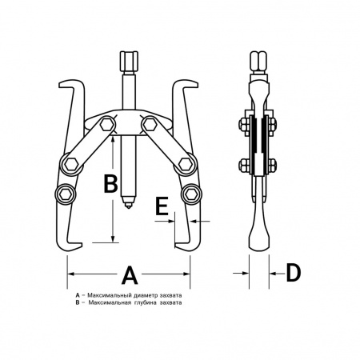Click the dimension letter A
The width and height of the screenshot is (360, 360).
(130, 274)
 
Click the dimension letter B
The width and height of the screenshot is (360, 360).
(110, 183)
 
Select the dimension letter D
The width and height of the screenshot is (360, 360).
(293, 273)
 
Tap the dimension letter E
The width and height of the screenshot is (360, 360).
(162, 206)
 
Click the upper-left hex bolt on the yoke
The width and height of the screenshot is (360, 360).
(107, 125)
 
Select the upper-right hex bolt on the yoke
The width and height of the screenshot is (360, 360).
(150, 124)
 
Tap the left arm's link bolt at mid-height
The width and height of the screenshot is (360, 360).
(71, 165)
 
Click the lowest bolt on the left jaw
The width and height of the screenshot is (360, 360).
(65, 194)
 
